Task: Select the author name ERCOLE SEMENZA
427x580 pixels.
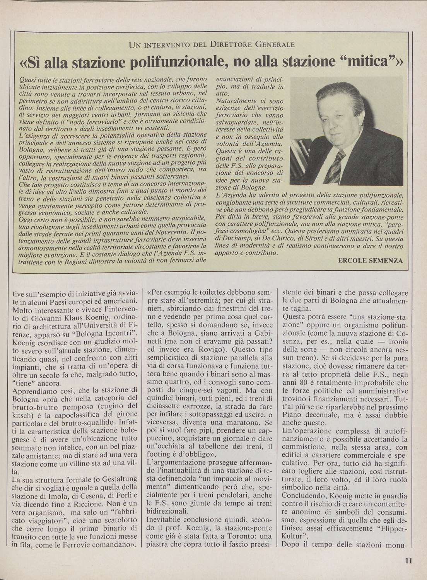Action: coord(370,261)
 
